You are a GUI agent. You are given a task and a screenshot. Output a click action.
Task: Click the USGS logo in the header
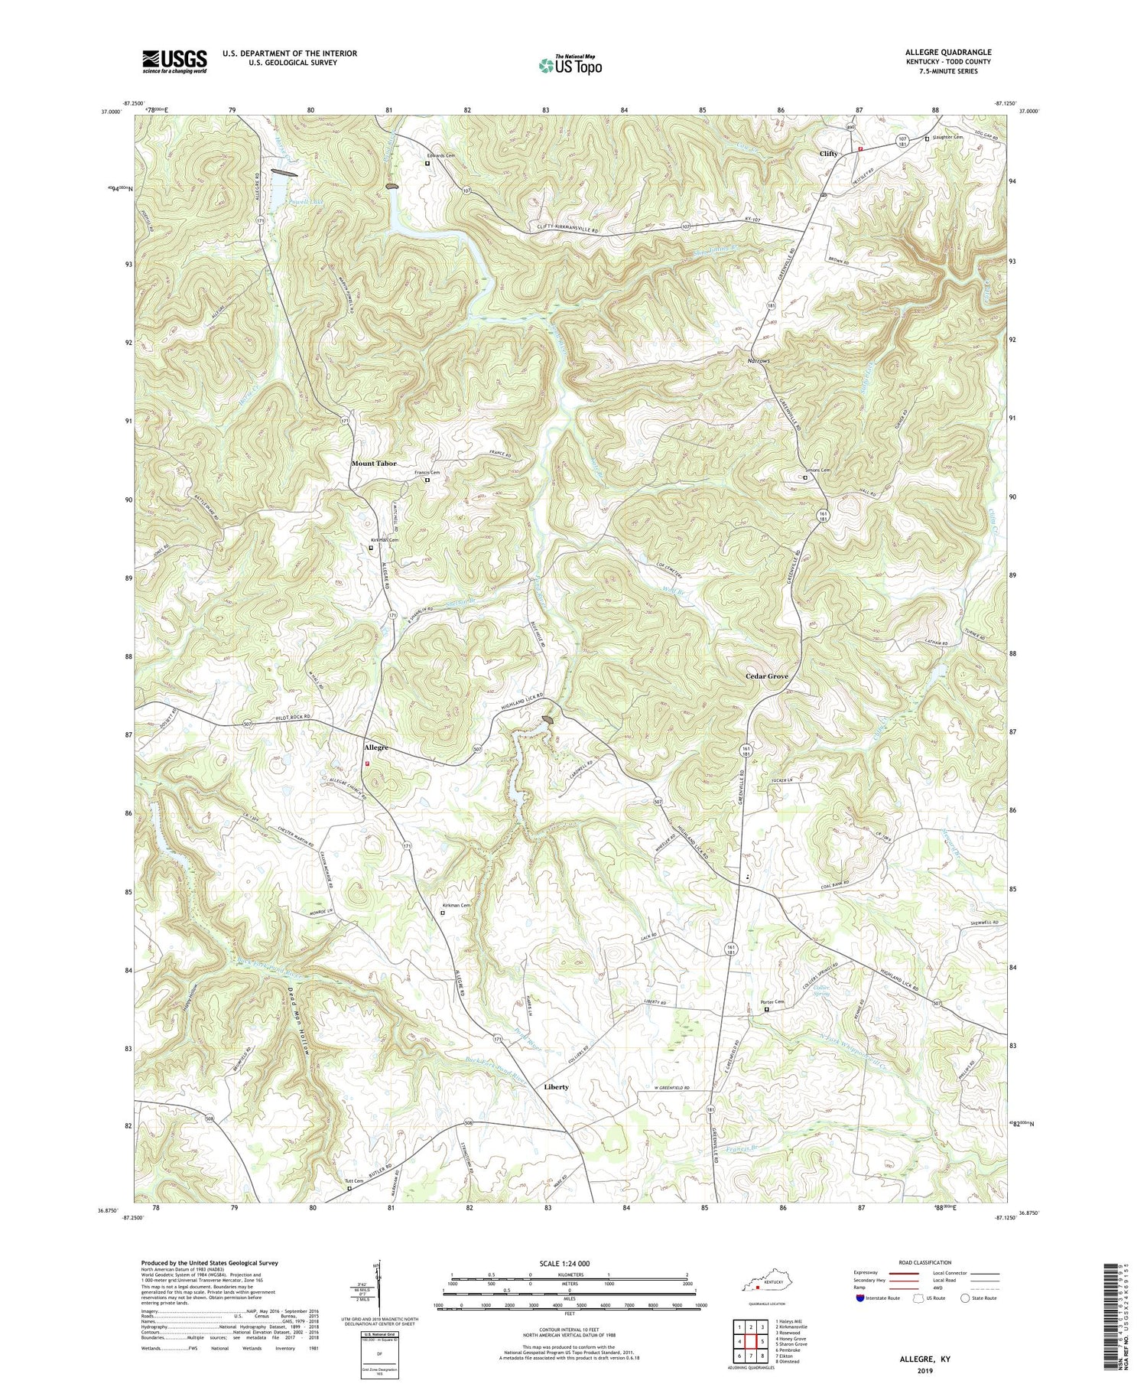coord(174,61)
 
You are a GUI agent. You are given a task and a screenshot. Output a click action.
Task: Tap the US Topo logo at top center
coord(570,65)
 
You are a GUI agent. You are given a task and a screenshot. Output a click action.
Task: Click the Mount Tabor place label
coord(374,464)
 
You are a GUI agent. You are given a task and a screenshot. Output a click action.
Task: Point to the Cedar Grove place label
coord(767,676)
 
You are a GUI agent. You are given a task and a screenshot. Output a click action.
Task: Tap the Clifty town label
coord(828,153)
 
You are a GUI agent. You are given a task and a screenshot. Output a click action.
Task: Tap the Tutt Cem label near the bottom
coord(353,1181)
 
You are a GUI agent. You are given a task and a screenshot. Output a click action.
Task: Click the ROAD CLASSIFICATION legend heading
coord(924,1263)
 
